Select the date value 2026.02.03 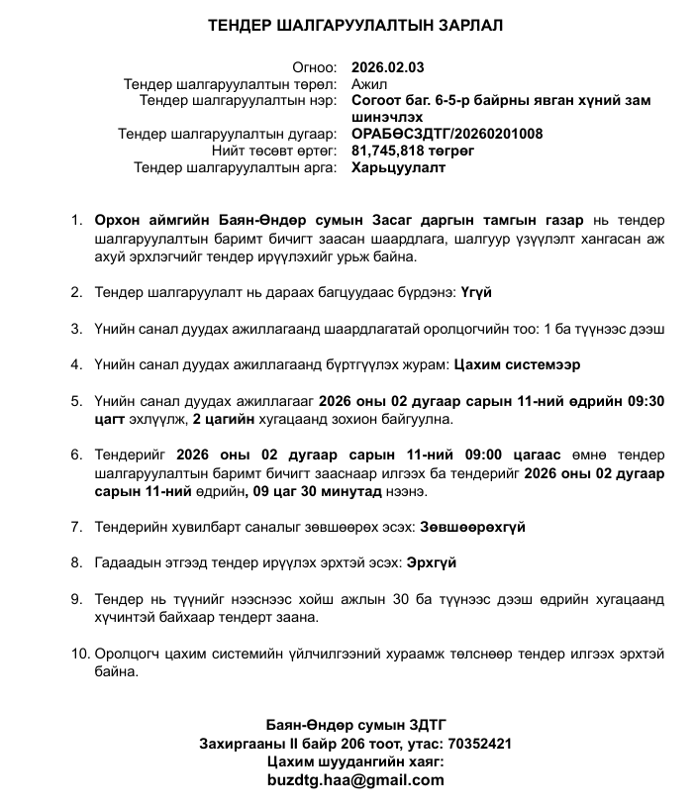coord(387,68)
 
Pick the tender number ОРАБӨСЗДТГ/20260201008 coord(447,134)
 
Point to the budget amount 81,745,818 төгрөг coord(413,151)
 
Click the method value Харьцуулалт coord(398,167)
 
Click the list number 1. coord(77,219)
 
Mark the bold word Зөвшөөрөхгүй coord(472,527)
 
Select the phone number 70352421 coord(480,743)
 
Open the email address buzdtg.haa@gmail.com coord(355,780)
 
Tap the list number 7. coord(77,527)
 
